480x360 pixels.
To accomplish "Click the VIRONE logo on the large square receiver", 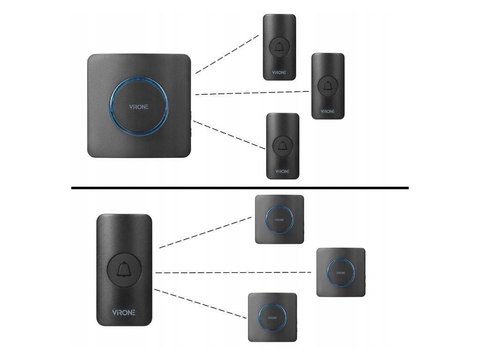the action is click(x=139, y=106).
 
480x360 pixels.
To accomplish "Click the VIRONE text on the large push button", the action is click(x=124, y=312).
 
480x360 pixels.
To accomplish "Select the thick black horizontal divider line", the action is click(x=240, y=187).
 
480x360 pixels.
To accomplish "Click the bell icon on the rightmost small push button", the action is click(x=328, y=85).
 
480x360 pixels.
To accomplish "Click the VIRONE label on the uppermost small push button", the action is click(x=279, y=73).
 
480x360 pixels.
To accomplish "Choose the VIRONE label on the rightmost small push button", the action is click(x=328, y=112).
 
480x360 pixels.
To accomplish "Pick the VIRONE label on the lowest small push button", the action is click(x=282, y=172).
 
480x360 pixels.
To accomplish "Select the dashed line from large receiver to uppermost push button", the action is click(x=227, y=53).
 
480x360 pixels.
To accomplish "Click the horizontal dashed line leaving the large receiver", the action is click(x=252, y=93).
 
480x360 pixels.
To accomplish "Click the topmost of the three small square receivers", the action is click(x=279, y=219).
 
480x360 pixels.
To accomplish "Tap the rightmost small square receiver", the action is click(x=341, y=272).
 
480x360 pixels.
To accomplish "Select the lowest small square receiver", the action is click(x=272, y=317).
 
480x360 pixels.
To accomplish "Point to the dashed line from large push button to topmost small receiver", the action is click(x=205, y=232).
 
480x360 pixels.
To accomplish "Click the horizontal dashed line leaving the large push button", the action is click(x=233, y=272).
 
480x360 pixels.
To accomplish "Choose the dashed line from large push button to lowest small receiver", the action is click(x=200, y=304).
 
